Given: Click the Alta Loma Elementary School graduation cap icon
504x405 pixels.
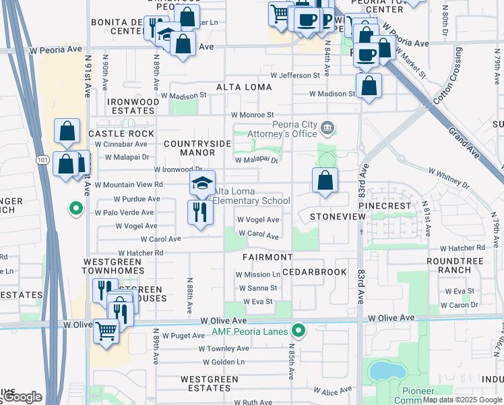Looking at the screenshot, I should (x=201, y=182).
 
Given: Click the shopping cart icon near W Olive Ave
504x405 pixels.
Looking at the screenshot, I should (x=106, y=331).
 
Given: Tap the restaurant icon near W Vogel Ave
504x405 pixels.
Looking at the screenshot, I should (x=200, y=212).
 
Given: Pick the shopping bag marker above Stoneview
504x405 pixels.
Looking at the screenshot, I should (x=325, y=180).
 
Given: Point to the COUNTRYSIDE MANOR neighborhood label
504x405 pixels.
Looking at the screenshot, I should (x=197, y=148).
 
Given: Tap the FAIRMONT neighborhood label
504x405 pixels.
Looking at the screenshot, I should (x=267, y=257).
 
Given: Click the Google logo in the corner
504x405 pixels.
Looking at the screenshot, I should (x=22, y=398).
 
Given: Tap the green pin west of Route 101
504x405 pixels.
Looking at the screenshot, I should (x=77, y=209).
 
